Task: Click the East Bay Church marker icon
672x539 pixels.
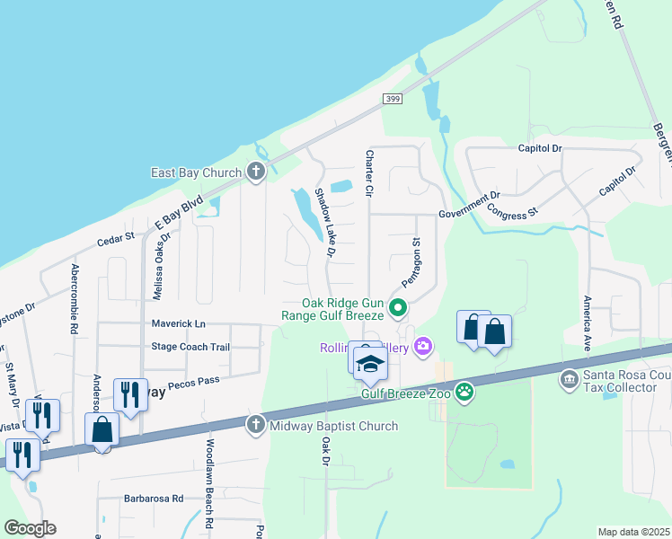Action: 256,172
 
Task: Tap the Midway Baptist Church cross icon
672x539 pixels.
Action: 256,425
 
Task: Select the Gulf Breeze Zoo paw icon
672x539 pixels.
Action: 464,391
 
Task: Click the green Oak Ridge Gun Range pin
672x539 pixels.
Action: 398,310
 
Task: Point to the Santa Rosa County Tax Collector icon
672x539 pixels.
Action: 568,381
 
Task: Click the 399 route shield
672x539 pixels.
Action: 391,99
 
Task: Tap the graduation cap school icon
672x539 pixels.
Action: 368,363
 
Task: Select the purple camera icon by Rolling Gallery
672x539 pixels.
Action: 423,347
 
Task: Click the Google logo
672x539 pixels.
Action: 30,527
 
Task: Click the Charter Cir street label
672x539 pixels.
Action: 368,172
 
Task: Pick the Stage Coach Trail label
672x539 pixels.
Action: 190,347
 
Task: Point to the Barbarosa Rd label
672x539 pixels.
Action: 154,498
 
